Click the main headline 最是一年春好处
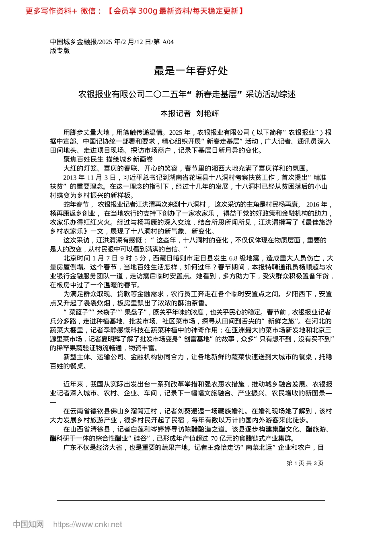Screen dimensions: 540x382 [x=191, y=71]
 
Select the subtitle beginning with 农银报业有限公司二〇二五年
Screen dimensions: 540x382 [x=187, y=94]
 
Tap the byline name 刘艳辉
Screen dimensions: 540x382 [x=207, y=114]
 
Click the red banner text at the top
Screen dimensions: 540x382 [x=135, y=11]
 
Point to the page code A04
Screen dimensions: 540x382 [x=168, y=42]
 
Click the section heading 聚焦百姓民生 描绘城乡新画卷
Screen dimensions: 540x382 [x=108, y=160]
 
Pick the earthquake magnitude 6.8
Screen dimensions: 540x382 [x=233, y=258]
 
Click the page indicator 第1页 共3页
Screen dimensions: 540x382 [x=305, y=463]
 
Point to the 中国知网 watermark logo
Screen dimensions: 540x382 [x=28, y=524]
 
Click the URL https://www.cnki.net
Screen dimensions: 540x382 [x=88, y=524]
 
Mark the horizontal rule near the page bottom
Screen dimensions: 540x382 [x=191, y=500]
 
